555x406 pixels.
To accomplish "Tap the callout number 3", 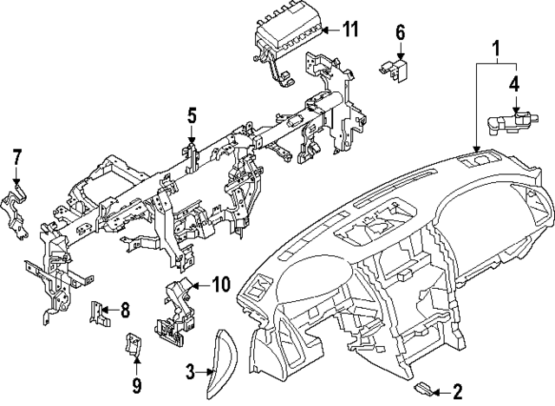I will [190, 374].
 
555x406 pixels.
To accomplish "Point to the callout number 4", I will [514, 84].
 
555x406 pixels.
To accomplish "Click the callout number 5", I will [192, 115].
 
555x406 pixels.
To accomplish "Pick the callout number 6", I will [401, 32].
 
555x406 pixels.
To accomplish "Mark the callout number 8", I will [125, 308].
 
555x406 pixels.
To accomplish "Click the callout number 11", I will [349, 30].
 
